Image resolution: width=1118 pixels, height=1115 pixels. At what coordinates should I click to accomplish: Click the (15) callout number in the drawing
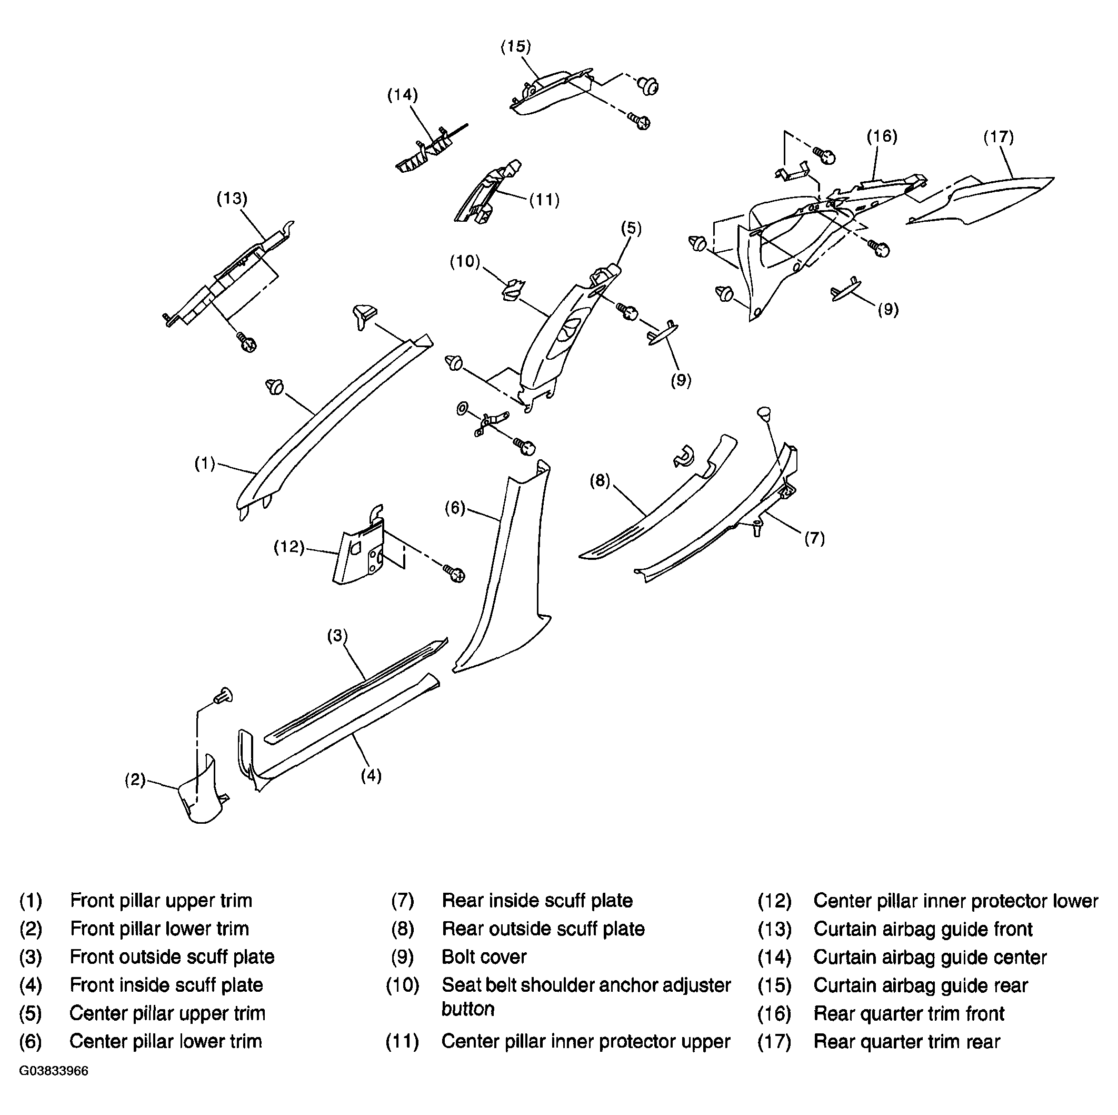(516, 47)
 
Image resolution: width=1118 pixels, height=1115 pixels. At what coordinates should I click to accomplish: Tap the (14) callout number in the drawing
(402, 95)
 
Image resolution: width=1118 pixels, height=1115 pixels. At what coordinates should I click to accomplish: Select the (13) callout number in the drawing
(232, 199)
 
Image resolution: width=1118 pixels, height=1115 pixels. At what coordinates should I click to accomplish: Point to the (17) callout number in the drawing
(999, 137)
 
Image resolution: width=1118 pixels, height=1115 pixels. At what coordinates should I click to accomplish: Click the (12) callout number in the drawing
(290, 547)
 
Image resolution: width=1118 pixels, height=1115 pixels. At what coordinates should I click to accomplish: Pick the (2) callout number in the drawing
(135, 780)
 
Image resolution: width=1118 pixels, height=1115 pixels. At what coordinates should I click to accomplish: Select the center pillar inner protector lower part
(359, 550)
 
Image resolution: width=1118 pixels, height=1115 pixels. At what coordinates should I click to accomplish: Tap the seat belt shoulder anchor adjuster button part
(512, 290)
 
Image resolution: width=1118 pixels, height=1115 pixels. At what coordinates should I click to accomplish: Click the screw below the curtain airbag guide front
(247, 342)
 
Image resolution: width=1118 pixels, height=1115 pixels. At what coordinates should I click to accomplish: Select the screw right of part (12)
(455, 573)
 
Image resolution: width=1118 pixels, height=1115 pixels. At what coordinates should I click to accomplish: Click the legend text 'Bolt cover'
(484, 957)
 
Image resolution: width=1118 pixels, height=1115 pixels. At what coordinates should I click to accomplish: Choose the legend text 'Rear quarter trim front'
(909, 1014)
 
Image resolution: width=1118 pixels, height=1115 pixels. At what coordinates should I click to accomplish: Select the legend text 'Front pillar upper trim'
(161, 901)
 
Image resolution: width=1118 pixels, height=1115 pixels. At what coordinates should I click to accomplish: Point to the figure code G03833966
(54, 1071)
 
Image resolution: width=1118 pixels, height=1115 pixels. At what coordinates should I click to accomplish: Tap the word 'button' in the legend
(467, 1009)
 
